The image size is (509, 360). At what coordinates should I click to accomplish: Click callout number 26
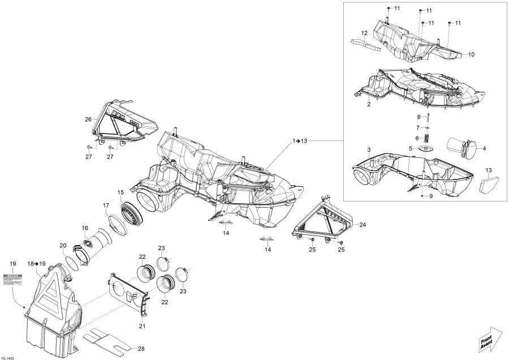[88, 119]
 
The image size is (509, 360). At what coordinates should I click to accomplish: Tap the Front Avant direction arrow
[489, 338]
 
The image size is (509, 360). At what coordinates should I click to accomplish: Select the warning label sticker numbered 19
[13, 278]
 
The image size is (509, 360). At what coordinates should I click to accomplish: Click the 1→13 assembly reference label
[300, 139]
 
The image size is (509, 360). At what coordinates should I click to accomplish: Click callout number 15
[120, 192]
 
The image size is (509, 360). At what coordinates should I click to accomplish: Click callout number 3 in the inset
[368, 149]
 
